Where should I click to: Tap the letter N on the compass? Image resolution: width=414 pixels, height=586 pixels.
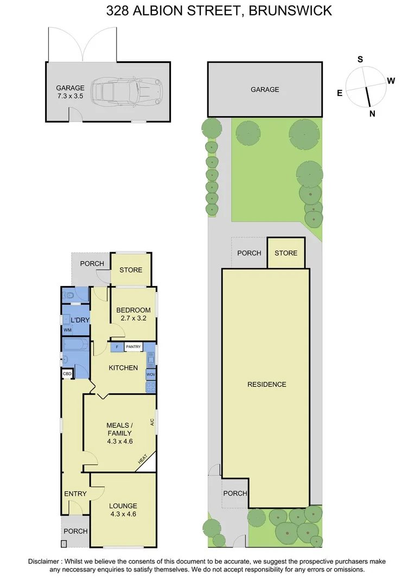coord(372,113)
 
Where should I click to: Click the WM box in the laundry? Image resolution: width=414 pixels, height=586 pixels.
coord(67,330)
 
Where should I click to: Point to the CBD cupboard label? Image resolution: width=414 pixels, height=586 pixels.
coord(67,374)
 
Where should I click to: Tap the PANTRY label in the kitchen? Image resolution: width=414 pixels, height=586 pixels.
coord(133,346)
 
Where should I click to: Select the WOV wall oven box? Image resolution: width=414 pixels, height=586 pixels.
coord(151,374)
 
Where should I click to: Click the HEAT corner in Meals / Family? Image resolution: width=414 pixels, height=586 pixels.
coord(144,460)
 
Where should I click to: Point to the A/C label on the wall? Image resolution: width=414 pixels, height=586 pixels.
coord(152,422)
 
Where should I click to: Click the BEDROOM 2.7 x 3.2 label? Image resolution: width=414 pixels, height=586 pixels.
coord(133,314)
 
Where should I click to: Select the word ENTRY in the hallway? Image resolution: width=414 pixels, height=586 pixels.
coord(75,493)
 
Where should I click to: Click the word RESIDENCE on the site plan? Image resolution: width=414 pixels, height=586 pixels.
coord(266,384)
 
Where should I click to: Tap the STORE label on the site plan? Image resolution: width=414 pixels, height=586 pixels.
coord(286,253)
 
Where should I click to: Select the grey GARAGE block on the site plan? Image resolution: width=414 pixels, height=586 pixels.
coord(265,90)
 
